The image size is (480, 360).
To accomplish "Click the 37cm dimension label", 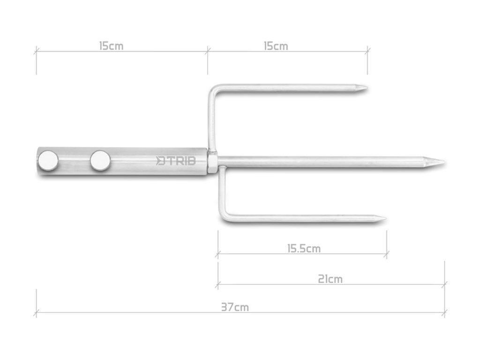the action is (235, 307).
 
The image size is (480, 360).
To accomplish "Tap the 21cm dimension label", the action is (330, 279).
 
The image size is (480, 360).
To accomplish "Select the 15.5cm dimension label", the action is (304, 248).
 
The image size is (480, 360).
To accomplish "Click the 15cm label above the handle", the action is (111, 46).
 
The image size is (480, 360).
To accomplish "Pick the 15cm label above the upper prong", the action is (276, 46).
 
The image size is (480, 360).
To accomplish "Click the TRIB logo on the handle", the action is (176, 161).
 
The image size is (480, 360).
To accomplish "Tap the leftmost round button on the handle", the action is (48, 161).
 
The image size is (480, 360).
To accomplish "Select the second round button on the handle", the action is (100, 161).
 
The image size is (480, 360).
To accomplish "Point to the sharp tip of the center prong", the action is (444, 162).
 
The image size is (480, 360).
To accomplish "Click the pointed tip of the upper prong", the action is (367, 89).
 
